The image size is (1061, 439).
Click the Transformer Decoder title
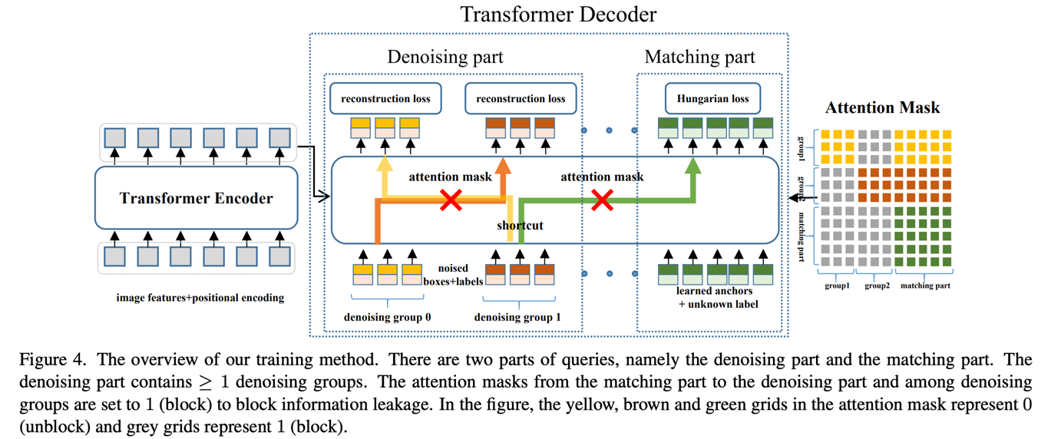coord(557,14)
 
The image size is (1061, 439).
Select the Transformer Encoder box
coord(196,198)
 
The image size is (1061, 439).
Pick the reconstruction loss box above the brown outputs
coord(521,99)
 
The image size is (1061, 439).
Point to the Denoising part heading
coord(445,57)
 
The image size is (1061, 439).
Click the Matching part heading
coord(699,57)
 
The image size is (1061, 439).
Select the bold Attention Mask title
coord(882,108)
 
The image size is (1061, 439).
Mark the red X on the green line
coord(603,201)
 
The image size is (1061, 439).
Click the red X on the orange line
coord(451,201)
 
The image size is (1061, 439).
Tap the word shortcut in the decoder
coord(519,225)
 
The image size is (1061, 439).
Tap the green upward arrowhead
coord(693,165)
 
